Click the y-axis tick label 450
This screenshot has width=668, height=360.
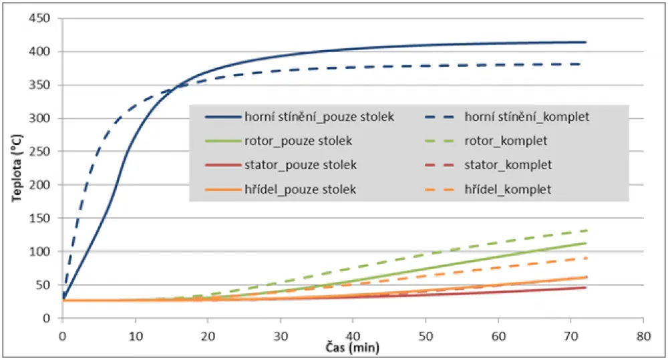(x=41, y=18)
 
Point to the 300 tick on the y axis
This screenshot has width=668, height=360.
(x=41, y=118)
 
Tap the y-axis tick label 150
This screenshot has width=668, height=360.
(x=41, y=218)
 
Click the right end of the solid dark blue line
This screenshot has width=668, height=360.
(x=586, y=42)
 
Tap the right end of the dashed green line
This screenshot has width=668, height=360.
(x=586, y=230)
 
